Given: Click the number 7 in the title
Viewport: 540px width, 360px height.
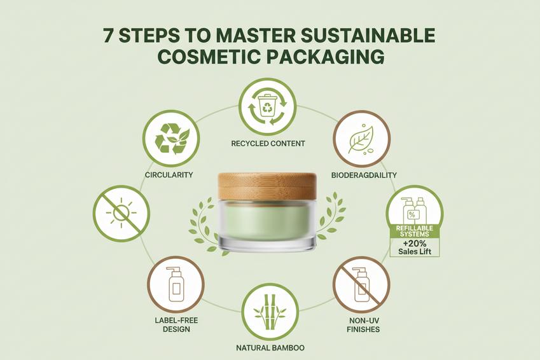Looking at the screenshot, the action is (x=109, y=36).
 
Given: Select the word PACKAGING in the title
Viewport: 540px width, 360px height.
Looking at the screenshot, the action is (x=326, y=57).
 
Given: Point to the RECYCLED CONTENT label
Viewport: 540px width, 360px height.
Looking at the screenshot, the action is (x=268, y=143).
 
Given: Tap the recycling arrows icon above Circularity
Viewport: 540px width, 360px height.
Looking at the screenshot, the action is (x=171, y=139).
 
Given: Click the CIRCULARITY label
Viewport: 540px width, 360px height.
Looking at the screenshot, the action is (x=169, y=175).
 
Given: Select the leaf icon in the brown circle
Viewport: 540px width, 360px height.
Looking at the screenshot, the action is (x=361, y=139).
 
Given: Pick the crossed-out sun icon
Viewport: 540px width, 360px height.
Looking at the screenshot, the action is (x=121, y=214).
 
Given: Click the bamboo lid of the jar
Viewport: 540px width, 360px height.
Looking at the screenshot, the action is (x=267, y=188).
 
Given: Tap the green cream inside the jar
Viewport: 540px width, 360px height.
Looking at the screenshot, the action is (x=267, y=221).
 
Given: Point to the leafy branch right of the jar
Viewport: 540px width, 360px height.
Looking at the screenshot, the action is (x=331, y=216).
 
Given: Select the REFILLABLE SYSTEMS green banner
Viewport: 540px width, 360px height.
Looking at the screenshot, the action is (x=415, y=232).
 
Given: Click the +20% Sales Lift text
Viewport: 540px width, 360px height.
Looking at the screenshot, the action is (x=415, y=247).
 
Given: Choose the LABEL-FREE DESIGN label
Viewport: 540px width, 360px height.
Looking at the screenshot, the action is (x=176, y=325).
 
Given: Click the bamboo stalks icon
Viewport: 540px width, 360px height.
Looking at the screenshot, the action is (x=270, y=312).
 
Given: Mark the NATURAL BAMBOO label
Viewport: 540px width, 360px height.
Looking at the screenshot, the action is (x=270, y=348).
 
